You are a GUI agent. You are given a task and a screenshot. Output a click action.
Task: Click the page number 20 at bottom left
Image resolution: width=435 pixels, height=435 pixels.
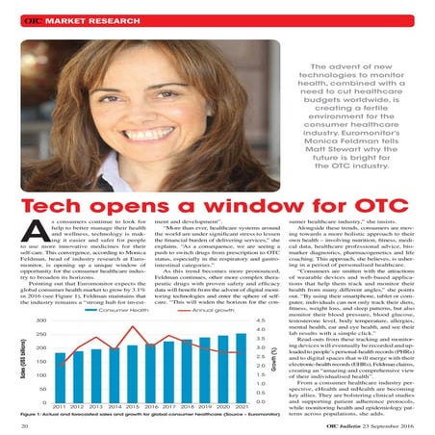(x=23, y=426)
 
